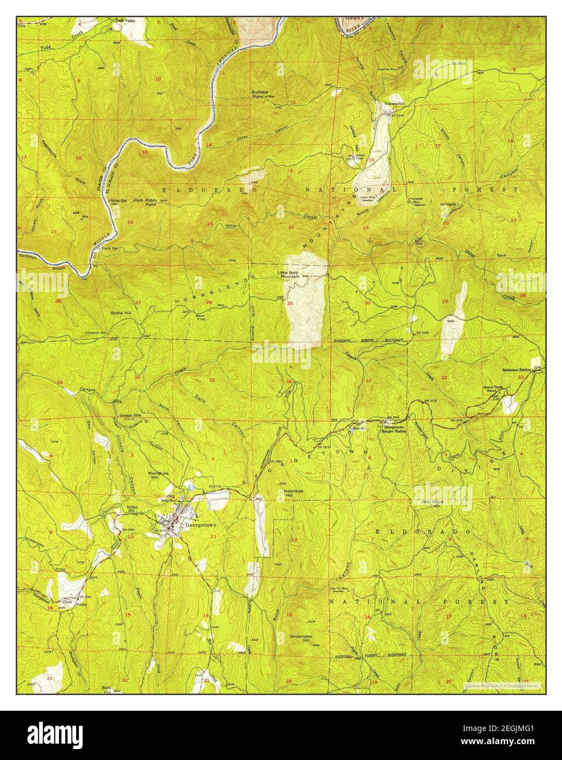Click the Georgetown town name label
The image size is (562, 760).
pos(201,524)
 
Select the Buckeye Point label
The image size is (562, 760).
pos(262,94)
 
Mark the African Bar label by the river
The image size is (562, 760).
pos(117,202)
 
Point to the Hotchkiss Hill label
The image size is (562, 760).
pos(294,493)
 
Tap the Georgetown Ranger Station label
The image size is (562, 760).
pos(395,430)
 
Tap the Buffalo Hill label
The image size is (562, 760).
pos(119,509)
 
